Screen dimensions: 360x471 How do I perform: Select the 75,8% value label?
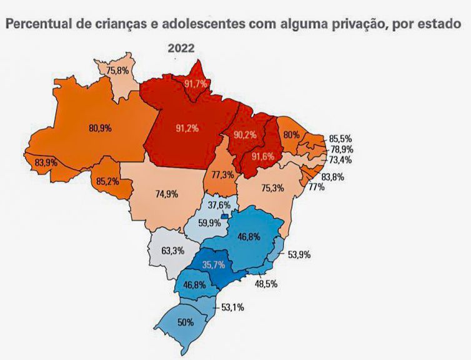(x=119, y=71)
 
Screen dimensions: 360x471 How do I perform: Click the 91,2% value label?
(x=187, y=129)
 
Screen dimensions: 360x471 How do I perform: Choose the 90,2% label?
(x=245, y=135)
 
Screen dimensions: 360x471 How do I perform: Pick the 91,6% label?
(x=262, y=156)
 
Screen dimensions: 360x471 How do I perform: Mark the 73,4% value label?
(x=341, y=160)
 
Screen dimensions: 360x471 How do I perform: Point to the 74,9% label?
(x=166, y=194)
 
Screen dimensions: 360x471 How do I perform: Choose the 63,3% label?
(x=172, y=252)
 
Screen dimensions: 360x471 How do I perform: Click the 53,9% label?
(x=299, y=254)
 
